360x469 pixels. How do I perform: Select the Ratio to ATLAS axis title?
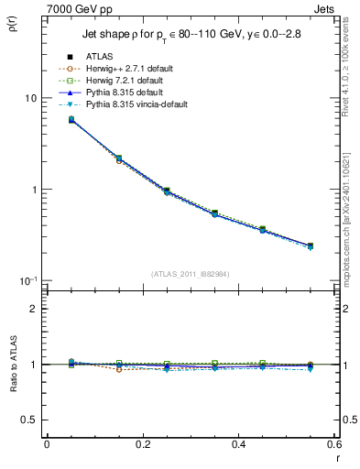point(13,364)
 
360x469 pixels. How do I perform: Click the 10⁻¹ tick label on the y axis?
point(28,280)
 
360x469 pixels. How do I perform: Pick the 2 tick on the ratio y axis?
point(34,309)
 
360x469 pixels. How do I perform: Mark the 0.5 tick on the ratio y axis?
point(30,420)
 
